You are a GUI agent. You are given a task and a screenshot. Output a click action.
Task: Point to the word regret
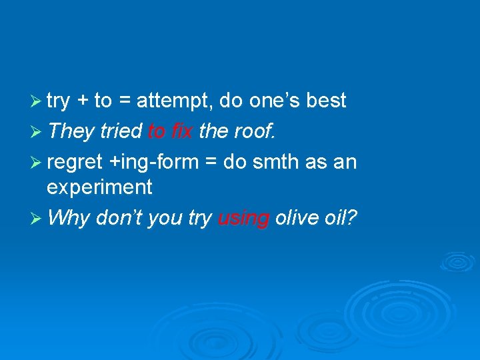(x=74, y=162)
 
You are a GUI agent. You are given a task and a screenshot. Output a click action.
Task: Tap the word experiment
(x=99, y=187)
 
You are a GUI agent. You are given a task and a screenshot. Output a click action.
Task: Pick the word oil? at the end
(x=341, y=218)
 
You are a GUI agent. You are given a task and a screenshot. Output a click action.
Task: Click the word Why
(x=69, y=218)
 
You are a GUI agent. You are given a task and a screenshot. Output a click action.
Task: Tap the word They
(x=71, y=131)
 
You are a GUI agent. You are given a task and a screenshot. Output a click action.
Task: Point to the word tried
(x=121, y=131)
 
